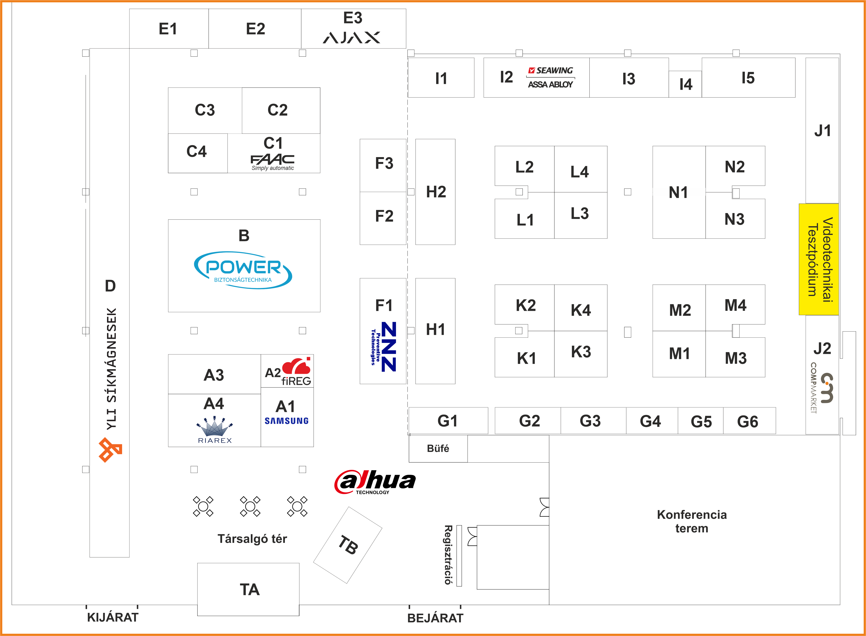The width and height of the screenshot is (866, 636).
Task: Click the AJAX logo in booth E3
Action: (x=351, y=37)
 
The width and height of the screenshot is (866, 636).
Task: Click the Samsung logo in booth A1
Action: (x=287, y=421)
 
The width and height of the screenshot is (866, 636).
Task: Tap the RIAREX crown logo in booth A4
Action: (x=215, y=430)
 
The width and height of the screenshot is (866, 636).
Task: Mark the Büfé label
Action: (x=438, y=448)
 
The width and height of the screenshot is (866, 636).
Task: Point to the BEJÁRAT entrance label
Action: (x=435, y=618)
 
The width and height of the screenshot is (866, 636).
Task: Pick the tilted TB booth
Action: (x=348, y=545)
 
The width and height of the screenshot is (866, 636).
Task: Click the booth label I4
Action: (x=686, y=84)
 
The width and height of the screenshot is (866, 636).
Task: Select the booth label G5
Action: (x=701, y=421)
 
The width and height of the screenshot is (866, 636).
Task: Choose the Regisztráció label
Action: (x=448, y=555)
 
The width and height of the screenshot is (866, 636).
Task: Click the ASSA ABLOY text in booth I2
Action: (x=550, y=84)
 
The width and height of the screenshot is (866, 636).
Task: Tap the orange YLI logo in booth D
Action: (x=110, y=450)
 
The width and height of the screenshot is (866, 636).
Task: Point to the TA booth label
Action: (x=250, y=589)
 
